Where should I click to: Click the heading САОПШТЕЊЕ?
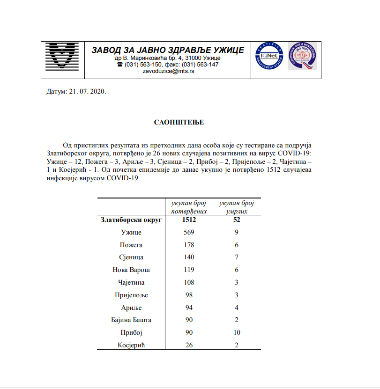[179, 122]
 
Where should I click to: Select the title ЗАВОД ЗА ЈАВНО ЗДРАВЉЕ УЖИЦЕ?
[167, 50]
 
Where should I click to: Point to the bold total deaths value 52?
[236, 220]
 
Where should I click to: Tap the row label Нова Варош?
[132, 270]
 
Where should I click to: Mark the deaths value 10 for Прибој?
[236, 332]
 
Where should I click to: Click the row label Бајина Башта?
[132, 320]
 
